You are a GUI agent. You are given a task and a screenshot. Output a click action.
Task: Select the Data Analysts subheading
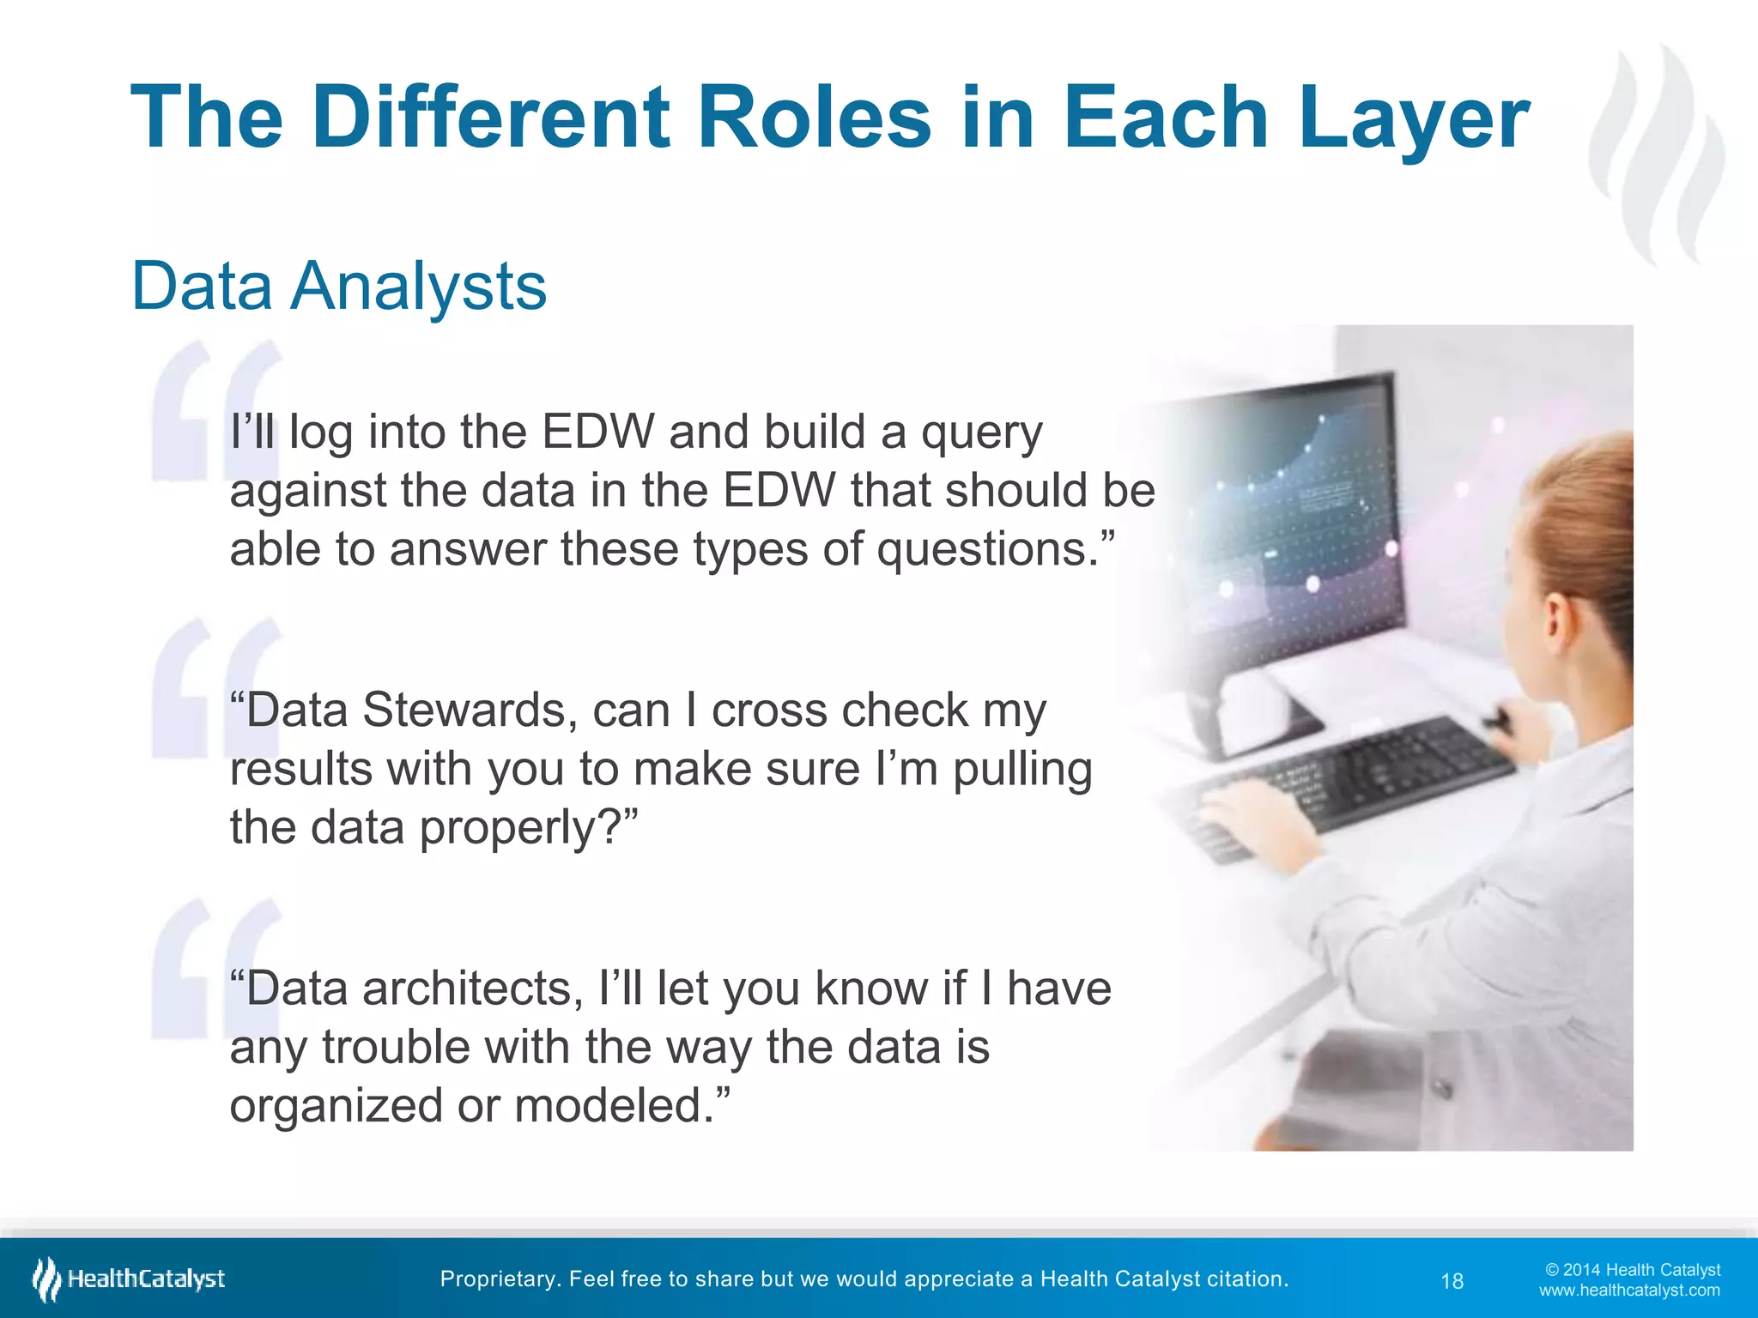[x=339, y=287]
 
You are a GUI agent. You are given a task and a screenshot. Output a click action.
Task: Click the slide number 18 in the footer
[x=1452, y=1281]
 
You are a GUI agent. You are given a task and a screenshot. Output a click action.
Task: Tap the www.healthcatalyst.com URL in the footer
[x=1629, y=1291]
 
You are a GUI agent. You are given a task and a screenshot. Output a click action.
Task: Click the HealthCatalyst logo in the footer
[x=129, y=1279]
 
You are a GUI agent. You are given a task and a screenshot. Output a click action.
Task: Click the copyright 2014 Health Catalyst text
[x=1633, y=1269]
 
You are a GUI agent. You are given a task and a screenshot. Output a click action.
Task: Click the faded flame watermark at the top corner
[x=1657, y=154]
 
